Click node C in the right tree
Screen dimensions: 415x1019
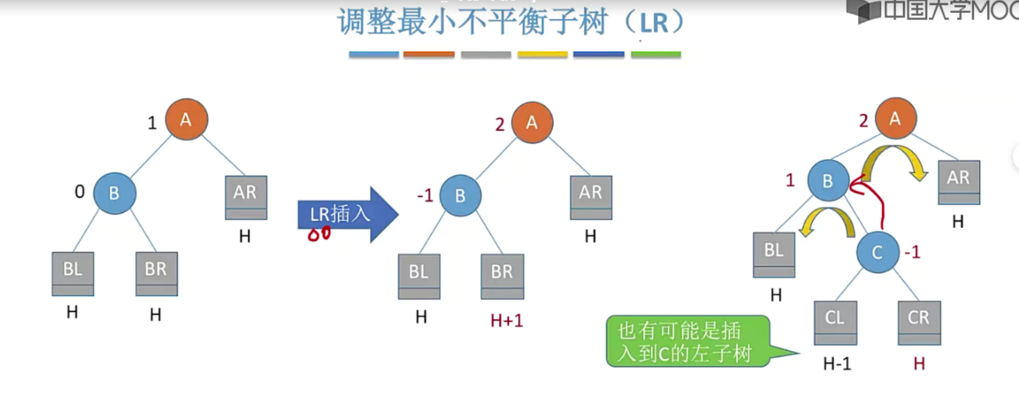877,252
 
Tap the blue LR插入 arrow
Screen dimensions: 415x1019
347,214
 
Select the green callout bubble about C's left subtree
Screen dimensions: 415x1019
688,341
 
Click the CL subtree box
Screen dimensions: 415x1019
835,322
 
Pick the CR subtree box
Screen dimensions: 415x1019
918,322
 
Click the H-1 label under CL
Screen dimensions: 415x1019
837,364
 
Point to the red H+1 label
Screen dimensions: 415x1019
506,320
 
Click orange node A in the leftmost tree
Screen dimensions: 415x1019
186,119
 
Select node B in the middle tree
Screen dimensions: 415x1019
460,195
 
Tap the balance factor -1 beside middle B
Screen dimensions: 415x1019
425,195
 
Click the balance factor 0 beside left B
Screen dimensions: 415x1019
80,192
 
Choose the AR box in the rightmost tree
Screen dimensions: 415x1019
958,182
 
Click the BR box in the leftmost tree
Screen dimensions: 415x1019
156,273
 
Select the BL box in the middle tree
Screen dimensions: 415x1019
419,276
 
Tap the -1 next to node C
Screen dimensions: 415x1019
912,252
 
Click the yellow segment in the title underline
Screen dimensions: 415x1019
542,55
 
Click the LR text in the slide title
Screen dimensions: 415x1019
654,23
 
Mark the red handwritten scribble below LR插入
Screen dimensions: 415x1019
319,234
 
